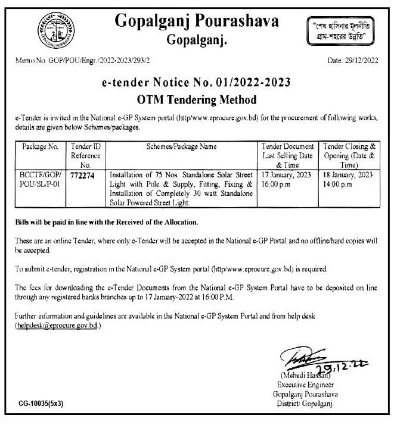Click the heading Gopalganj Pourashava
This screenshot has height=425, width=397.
[197, 23]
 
